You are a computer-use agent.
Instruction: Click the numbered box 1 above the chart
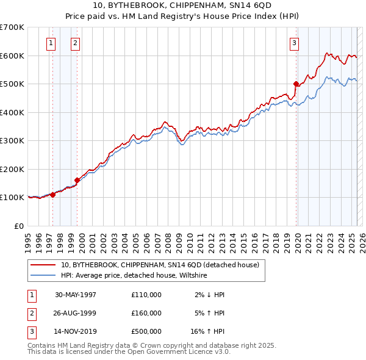click(50, 43)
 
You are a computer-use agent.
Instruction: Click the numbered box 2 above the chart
click(74, 43)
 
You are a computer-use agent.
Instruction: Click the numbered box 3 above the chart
click(294, 43)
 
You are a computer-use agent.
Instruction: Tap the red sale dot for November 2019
click(296, 84)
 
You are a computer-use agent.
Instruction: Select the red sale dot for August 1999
click(77, 180)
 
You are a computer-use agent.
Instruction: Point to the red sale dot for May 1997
click(53, 195)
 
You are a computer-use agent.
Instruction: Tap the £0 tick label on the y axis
click(18, 226)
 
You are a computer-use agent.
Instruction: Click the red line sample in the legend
click(43, 265)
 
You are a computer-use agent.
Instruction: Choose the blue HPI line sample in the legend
click(43, 275)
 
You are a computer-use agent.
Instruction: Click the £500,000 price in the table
click(146, 331)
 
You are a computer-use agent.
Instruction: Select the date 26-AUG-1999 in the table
click(76, 313)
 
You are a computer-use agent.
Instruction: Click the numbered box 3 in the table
click(30, 331)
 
